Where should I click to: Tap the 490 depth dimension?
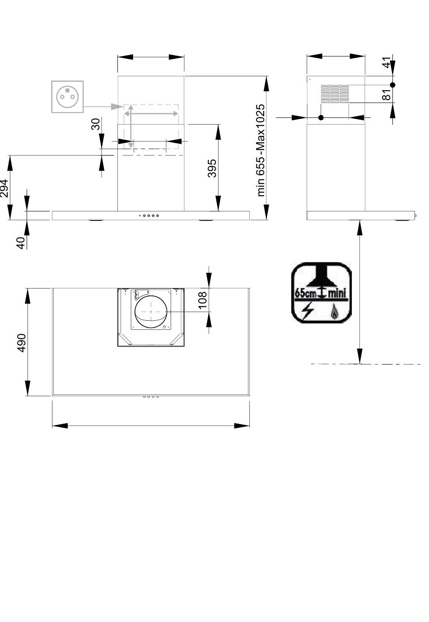pos(21,343)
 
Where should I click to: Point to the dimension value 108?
pos(202,300)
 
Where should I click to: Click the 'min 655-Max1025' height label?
pos(261,150)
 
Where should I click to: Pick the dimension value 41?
pos(386,62)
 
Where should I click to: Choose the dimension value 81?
pos(386,94)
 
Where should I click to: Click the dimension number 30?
pos(95,124)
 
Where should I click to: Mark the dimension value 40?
pos(21,243)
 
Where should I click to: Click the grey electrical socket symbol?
pos(67,96)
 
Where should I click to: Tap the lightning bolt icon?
pos(308,311)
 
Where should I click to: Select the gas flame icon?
pos(335,311)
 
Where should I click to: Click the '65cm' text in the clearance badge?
pos(305,293)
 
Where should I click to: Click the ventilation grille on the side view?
pos(335,94)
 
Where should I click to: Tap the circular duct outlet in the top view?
pos(150,312)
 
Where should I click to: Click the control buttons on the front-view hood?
pos(149,215)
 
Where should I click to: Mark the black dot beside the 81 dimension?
pos(392,85)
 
